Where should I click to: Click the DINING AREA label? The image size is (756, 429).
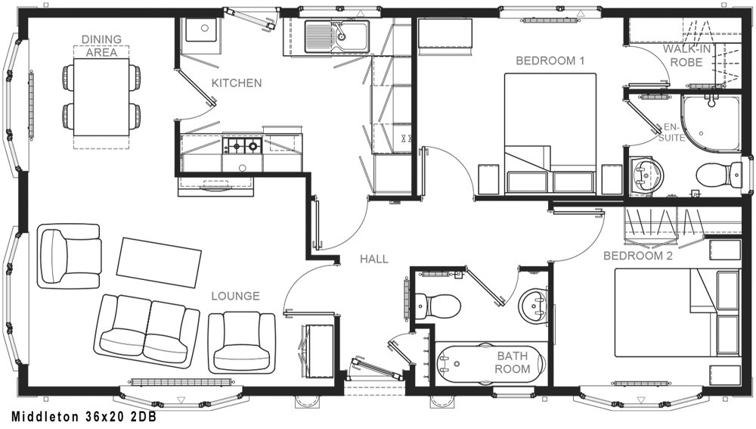(101, 46)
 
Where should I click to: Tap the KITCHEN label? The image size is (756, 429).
(237, 83)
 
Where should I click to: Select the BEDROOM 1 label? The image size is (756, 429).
(550, 61)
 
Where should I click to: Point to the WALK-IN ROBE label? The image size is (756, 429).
(686, 55)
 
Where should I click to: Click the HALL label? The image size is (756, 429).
(374, 259)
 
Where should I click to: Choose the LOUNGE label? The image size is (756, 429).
(235, 296)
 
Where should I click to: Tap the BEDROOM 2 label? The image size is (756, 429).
(638, 256)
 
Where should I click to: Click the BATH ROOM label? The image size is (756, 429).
(513, 362)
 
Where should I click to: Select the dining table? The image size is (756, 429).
(101, 97)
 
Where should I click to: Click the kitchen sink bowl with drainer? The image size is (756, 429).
(336, 36)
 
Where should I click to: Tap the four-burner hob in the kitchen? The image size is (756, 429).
(242, 145)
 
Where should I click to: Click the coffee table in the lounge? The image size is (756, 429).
(159, 263)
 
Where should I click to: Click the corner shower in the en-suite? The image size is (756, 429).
(710, 122)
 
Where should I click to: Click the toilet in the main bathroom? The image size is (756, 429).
(437, 306)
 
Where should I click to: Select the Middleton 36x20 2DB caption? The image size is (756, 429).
(84, 416)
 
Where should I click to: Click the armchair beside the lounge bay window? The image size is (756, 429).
(70, 256)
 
